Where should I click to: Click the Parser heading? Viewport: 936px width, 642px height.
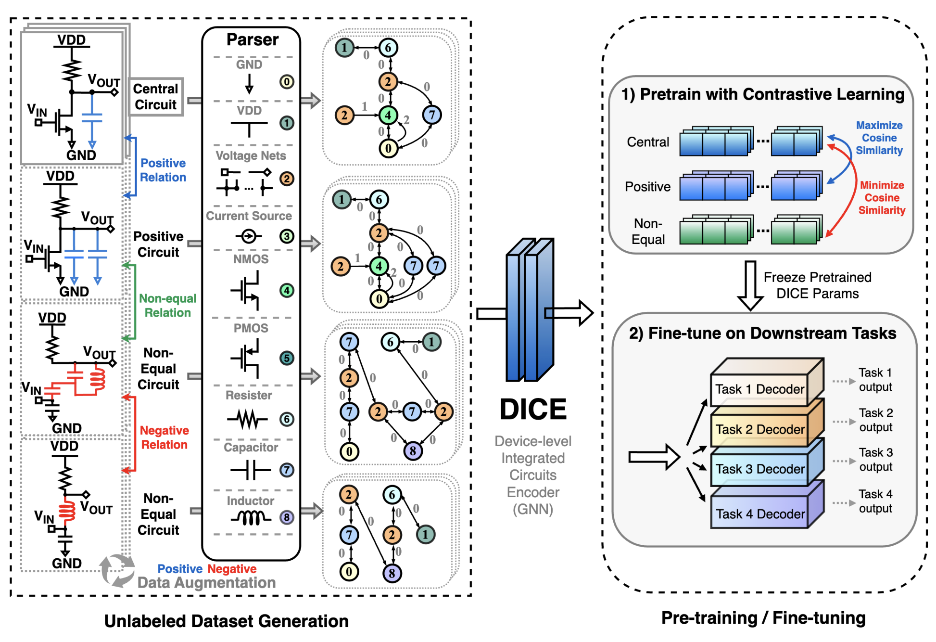tap(252, 39)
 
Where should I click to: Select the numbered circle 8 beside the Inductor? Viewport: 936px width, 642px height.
tap(287, 517)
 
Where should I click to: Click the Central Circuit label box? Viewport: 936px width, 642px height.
tap(156, 97)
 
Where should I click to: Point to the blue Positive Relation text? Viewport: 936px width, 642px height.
tap(163, 170)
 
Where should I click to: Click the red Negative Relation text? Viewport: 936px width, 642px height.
tap(164, 437)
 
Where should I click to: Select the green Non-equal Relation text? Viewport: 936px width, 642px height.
tap(167, 306)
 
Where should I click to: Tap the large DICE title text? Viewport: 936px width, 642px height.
tap(533, 410)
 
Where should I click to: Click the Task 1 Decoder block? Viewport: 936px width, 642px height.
tap(759, 389)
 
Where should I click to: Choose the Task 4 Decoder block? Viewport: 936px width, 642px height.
tap(760, 514)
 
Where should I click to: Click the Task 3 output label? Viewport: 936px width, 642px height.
tap(875, 460)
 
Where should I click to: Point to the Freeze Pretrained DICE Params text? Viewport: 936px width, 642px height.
tap(817, 285)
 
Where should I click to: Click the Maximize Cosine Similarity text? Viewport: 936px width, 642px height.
tap(879, 138)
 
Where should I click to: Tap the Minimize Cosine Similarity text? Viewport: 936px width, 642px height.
tap(882, 198)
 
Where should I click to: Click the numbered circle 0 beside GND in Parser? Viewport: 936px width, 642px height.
tap(287, 82)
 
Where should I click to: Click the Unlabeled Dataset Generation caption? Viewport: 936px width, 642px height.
tap(226, 621)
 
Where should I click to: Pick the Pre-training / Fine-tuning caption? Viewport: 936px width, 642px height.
tap(763, 618)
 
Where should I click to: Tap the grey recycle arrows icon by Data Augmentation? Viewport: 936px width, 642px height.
tap(117, 570)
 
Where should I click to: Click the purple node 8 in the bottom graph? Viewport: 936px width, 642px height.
tap(392, 573)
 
